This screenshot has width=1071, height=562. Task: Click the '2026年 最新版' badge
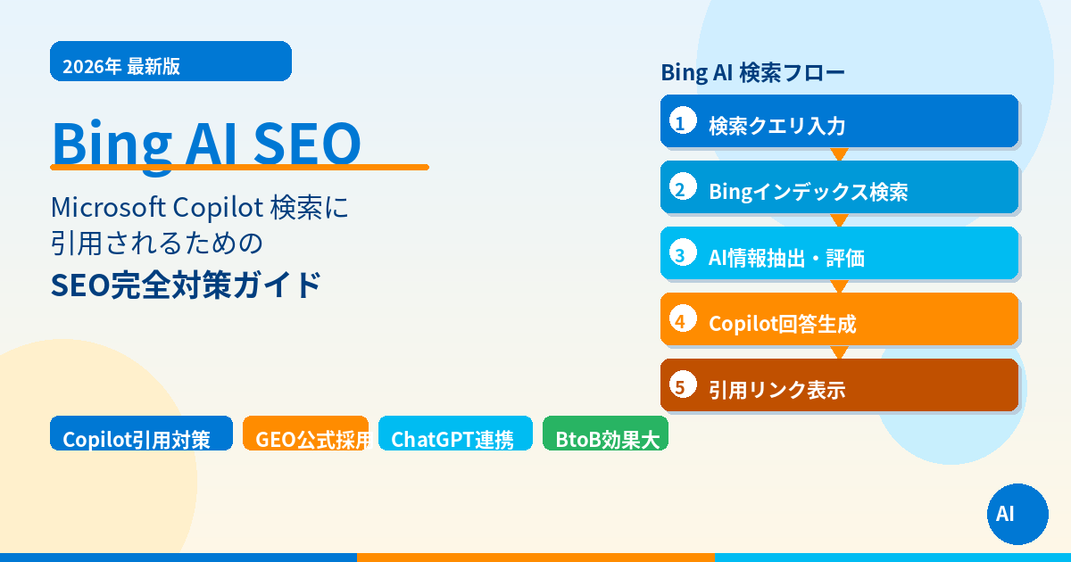click(170, 62)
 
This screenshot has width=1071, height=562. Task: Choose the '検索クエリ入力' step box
click(839, 122)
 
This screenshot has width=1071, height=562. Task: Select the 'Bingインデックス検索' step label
click(808, 191)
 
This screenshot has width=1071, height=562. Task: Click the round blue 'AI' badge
click(1017, 514)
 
